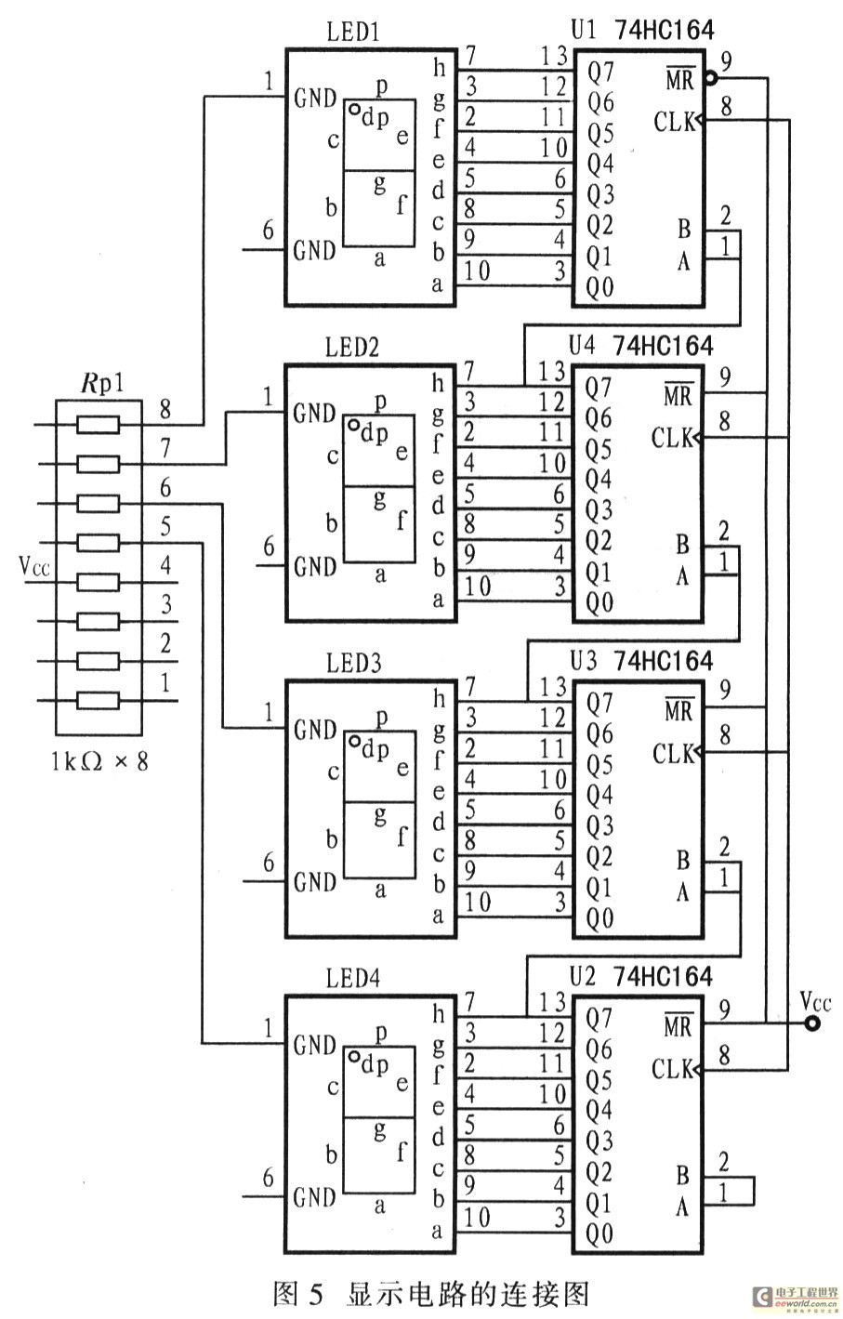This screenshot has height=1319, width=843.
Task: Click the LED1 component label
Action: tap(353, 33)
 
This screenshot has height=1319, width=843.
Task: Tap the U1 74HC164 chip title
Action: tap(641, 30)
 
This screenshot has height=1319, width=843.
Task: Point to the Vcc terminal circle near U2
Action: tap(813, 1024)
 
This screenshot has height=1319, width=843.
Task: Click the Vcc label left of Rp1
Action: tap(34, 565)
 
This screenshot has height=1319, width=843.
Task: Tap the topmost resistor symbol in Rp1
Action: tap(98, 425)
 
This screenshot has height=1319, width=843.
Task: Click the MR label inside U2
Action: tap(678, 1026)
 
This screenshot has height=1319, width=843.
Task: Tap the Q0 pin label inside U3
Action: tap(599, 918)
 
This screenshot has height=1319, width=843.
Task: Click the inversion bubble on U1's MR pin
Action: tap(711, 78)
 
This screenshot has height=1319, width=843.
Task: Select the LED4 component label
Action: tap(353, 979)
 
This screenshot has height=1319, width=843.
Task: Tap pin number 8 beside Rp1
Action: tap(165, 407)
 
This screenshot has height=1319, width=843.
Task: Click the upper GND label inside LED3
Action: tap(314, 730)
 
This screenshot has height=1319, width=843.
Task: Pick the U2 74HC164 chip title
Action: tap(641, 976)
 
